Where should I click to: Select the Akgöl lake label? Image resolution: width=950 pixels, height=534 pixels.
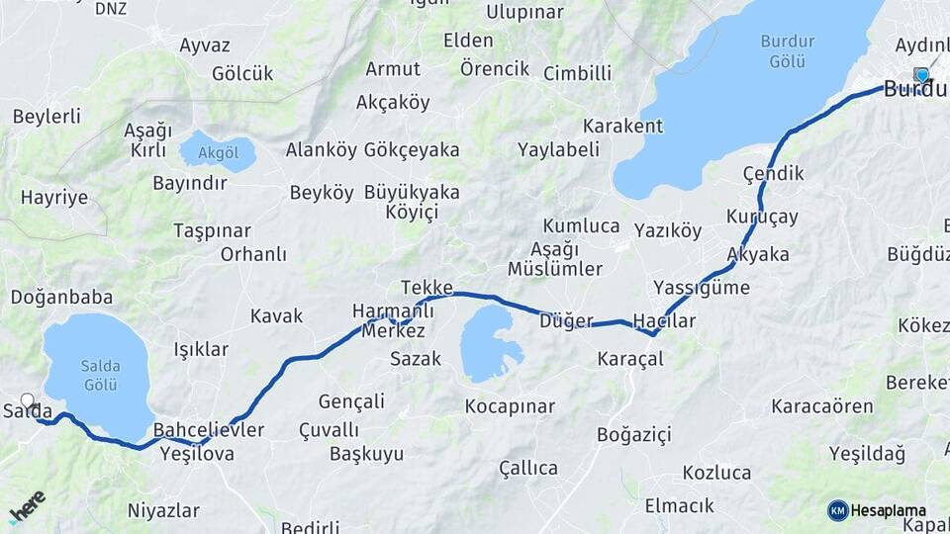click(218, 153)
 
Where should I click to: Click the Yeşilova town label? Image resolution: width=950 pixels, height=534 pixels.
click(196, 454)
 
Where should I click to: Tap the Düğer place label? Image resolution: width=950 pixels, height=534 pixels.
click(566, 320)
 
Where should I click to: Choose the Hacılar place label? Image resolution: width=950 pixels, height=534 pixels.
click(664, 321)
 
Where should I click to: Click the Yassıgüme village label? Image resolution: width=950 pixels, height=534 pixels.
click(702, 288)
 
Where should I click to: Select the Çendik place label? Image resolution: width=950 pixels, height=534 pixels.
click(773, 173)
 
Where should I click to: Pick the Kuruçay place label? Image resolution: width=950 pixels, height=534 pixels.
click(762, 217)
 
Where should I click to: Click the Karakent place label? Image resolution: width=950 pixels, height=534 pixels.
click(622, 126)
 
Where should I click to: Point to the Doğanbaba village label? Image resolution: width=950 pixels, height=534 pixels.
click(61, 297)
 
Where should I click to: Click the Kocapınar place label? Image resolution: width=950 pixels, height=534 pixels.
click(510, 406)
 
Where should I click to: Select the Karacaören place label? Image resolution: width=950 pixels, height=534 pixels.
click(822, 406)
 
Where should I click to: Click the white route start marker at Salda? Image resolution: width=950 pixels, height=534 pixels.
click(28, 401)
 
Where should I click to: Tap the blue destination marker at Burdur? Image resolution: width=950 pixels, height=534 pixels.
click(922, 75)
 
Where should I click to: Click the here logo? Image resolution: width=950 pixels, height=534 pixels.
click(27, 506)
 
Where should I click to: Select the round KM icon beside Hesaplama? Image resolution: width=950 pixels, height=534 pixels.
click(837, 510)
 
